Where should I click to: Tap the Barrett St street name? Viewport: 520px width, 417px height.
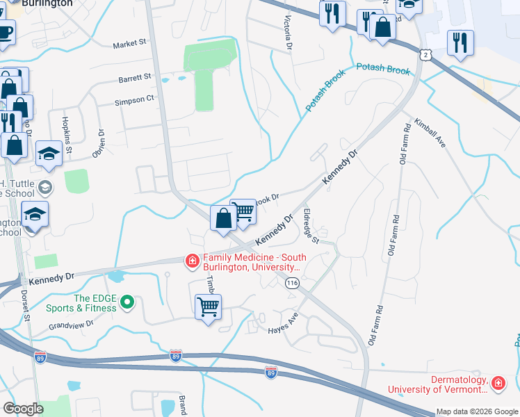pos(134,77)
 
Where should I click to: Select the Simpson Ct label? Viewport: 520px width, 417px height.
pos(135,99)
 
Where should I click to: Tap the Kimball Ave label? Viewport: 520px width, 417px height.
pos(430,131)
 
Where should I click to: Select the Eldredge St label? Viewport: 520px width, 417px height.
pos(311,227)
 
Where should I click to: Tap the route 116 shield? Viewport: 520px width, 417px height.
pos(292,283)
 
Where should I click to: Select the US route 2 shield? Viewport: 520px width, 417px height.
pos(425,54)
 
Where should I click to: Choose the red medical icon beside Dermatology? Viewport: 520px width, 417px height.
pos(498,384)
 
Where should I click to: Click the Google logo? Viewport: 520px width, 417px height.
pos(24,409)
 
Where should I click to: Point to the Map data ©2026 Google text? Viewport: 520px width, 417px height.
pos(476,411)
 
